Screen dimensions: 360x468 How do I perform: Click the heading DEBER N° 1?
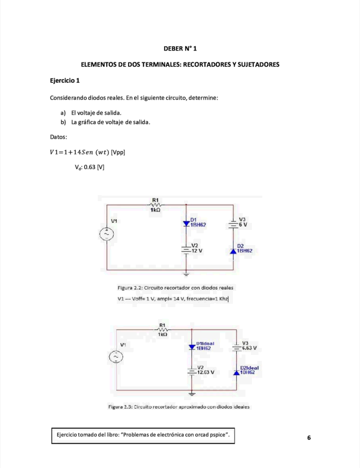[x=180, y=49]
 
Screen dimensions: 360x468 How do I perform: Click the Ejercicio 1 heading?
[x=65, y=80]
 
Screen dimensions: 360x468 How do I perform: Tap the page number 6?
[x=309, y=438]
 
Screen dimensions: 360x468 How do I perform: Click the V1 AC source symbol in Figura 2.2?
[x=106, y=234]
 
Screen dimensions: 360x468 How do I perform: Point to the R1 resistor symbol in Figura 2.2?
[x=155, y=205]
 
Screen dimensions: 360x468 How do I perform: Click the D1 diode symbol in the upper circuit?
[x=186, y=224]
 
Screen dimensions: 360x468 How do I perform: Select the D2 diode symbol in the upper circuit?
[x=233, y=251]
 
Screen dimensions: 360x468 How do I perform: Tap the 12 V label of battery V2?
[x=197, y=251]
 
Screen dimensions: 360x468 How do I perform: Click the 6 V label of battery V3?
[x=243, y=224]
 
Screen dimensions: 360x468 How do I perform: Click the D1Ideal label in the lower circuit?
[x=205, y=344]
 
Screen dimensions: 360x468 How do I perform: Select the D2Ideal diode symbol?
[x=237, y=372]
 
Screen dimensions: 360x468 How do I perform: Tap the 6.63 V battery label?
[x=249, y=348]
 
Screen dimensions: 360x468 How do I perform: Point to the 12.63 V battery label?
[x=206, y=372]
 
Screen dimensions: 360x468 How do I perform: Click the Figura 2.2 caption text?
[x=175, y=288]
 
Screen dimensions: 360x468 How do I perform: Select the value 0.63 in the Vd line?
[x=90, y=167]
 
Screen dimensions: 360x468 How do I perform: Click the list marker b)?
[x=63, y=122]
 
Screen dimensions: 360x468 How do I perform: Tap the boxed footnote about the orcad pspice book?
[x=143, y=435]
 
